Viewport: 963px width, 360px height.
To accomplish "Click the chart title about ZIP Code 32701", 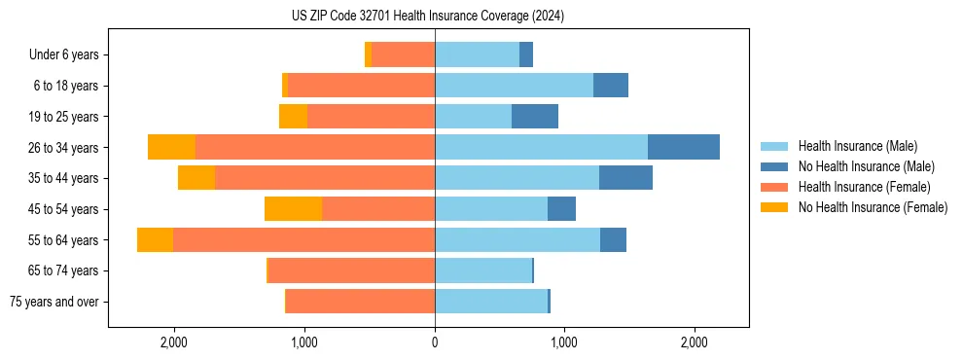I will click(x=428, y=17).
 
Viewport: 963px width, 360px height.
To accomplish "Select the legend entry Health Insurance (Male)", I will click(x=857, y=146).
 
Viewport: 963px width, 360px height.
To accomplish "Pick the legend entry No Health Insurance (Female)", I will click(x=873, y=207).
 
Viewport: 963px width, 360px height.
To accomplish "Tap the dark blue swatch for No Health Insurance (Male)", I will click(x=774, y=166).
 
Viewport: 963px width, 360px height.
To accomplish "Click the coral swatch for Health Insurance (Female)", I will click(x=774, y=187).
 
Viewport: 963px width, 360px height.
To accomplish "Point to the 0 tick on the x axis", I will click(x=435, y=342).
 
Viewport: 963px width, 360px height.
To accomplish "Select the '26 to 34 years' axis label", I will click(x=63, y=148).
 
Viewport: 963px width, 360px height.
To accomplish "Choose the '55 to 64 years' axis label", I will click(x=63, y=240).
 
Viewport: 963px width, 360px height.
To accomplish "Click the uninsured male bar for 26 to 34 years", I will click(x=684, y=147).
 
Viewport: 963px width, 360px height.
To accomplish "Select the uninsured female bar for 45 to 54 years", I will click(x=293, y=209).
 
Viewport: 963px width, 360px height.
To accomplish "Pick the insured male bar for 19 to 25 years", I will click(x=473, y=117).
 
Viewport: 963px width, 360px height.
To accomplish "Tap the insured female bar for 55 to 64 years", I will click(x=303, y=240).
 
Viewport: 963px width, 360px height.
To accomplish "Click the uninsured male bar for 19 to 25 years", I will click(x=535, y=117).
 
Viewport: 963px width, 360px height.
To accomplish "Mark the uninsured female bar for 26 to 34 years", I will click(x=171, y=147).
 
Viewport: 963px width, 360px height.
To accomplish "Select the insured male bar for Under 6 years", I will click(x=477, y=55).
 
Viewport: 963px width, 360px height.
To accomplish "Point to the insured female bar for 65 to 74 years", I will click(x=351, y=270).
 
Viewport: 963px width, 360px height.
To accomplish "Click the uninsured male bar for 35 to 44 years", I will click(x=625, y=178).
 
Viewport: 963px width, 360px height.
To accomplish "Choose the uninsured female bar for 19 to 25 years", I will click(x=293, y=117).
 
